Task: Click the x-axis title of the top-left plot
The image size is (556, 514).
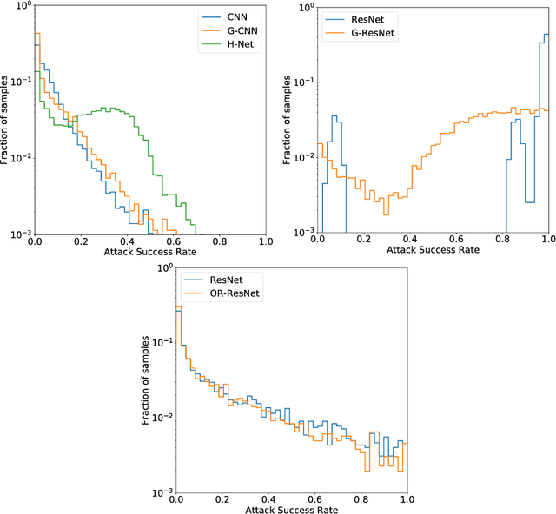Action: tap(149, 254)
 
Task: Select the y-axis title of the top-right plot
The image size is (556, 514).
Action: tap(288, 120)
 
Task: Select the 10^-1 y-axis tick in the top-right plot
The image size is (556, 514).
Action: tap(304, 82)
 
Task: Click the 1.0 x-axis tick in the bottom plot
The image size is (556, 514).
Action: tap(407, 502)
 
